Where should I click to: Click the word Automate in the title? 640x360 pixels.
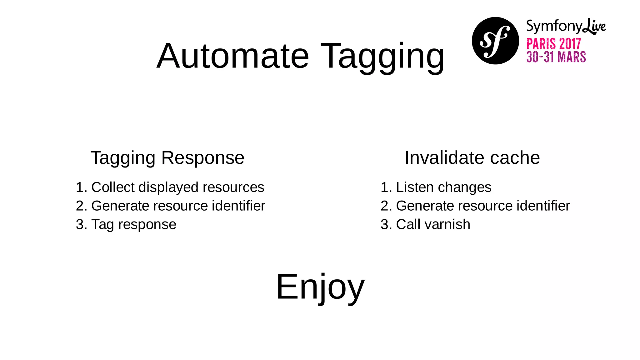point(233,56)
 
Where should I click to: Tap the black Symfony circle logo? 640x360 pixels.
point(495,41)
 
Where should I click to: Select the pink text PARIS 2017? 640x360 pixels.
point(553,44)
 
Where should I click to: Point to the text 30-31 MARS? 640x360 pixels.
point(556,57)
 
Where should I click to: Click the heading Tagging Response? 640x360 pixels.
point(167,158)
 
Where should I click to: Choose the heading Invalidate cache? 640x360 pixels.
point(472,158)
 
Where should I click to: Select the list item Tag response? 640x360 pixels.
point(133,225)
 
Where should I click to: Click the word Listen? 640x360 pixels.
point(415,187)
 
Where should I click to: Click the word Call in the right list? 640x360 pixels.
point(408,224)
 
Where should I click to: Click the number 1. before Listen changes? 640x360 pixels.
point(386,187)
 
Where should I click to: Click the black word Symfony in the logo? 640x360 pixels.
point(554,26)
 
